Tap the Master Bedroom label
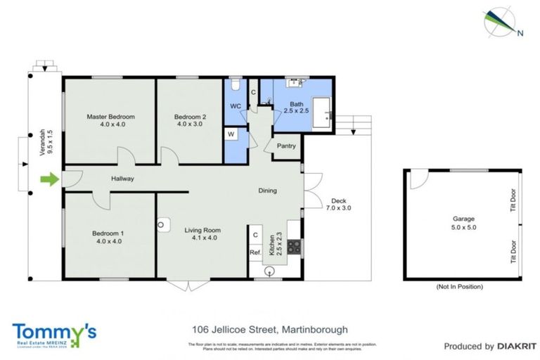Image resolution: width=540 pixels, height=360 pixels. coord(110,120)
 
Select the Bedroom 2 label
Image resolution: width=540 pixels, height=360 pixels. coord(190,120)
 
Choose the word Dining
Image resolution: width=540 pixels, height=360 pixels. coord(267,190)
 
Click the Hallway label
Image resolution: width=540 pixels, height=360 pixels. coord(122,179)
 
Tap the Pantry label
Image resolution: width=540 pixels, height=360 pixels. coord(286,146)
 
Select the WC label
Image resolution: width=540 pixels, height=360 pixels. coord(236,107)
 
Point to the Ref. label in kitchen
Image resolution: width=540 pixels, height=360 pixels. coord(255,252)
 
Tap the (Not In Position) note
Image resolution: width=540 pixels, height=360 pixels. coord(459,288)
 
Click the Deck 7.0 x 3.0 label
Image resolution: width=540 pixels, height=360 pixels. coord(337,204)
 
